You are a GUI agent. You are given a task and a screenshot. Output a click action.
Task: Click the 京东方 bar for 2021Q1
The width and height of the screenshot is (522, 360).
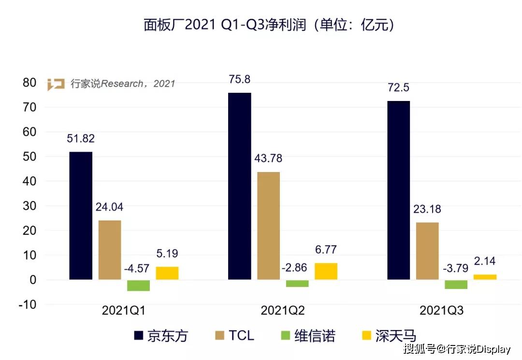click(x=81, y=216)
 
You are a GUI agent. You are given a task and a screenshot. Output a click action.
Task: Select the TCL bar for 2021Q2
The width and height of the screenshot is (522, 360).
click(x=268, y=226)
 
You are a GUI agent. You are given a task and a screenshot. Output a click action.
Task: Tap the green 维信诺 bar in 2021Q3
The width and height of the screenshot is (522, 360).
click(x=456, y=285)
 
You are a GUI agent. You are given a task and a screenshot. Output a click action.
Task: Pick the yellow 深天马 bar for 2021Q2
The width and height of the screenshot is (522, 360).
click(x=326, y=271)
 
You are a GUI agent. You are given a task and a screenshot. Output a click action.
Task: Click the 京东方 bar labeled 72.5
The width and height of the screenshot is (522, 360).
click(x=398, y=190)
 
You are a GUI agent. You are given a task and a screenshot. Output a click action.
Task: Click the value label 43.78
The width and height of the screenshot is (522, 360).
click(x=268, y=158)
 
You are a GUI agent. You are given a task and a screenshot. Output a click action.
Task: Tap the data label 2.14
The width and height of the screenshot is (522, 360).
click(x=485, y=262)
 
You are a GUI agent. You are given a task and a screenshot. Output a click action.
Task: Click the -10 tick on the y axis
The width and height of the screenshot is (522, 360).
click(x=27, y=304)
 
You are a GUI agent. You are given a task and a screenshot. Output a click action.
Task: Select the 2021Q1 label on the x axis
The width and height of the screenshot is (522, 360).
click(x=124, y=311)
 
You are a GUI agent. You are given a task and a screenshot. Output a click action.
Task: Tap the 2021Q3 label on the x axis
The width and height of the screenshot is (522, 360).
click(x=441, y=311)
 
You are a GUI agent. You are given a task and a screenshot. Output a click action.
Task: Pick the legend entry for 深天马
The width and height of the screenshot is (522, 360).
click(x=389, y=335)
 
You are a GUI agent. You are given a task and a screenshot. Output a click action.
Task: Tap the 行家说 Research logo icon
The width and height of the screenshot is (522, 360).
click(x=56, y=84)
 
